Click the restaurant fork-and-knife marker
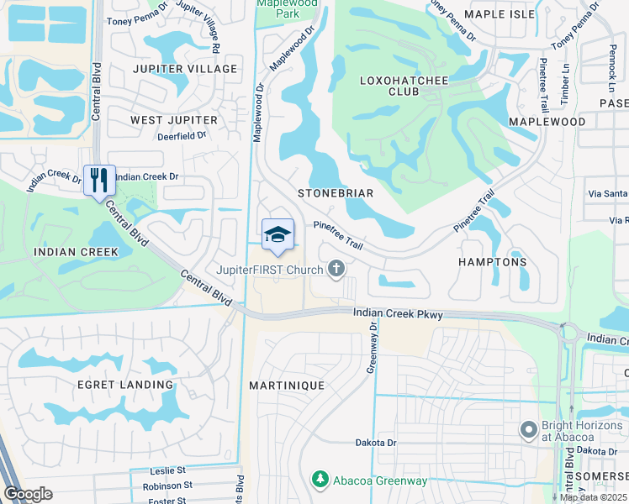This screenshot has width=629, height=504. (x=99, y=180)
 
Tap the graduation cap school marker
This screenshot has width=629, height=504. (x=278, y=234)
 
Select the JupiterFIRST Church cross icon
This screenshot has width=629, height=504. (x=336, y=269)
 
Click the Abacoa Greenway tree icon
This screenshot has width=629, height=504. (x=320, y=480)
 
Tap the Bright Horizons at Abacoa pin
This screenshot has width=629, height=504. (x=528, y=431)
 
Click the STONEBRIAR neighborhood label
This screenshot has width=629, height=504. (x=336, y=193)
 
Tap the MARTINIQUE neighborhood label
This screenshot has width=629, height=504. (x=286, y=385)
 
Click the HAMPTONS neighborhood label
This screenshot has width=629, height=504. (x=493, y=262)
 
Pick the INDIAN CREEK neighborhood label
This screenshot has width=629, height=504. (x=68, y=251)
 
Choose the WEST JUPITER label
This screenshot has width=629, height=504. (x=174, y=120)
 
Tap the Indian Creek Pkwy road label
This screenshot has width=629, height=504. (x=398, y=313)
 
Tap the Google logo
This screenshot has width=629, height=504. (x=29, y=494)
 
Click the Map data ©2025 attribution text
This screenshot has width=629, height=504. (x=594, y=497)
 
